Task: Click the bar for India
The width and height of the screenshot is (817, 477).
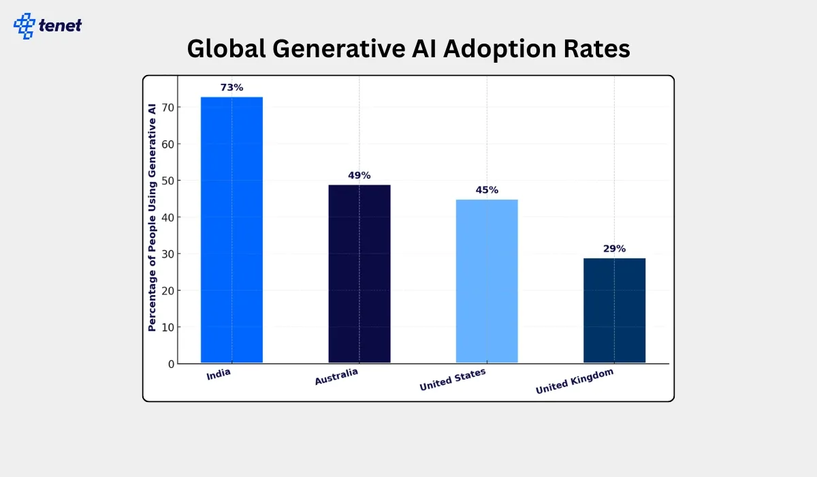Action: point(231,230)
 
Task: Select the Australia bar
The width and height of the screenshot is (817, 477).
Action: point(359,273)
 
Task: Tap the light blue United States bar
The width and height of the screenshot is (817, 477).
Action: point(487,281)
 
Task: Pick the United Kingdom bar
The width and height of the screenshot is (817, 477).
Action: point(614,310)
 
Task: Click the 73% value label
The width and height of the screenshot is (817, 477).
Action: point(231,88)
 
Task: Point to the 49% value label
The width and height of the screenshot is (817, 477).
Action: point(359,176)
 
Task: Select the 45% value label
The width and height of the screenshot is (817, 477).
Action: point(487,190)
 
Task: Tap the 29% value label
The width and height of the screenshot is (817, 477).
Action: point(614,249)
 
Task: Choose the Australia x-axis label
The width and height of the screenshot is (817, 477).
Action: point(336,377)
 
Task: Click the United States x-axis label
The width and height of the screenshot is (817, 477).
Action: point(453,380)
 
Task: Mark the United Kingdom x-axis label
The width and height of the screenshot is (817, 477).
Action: point(575,382)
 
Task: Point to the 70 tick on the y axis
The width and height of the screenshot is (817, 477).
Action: point(167,108)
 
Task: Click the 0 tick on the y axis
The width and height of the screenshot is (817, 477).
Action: point(171,364)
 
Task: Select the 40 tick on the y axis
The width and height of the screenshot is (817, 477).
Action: point(167,217)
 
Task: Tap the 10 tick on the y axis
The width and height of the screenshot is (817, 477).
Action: point(167,327)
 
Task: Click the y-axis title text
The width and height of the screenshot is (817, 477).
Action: point(152,217)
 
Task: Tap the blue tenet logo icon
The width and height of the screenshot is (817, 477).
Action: point(25,25)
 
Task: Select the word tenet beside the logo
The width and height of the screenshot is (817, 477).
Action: point(61,26)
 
